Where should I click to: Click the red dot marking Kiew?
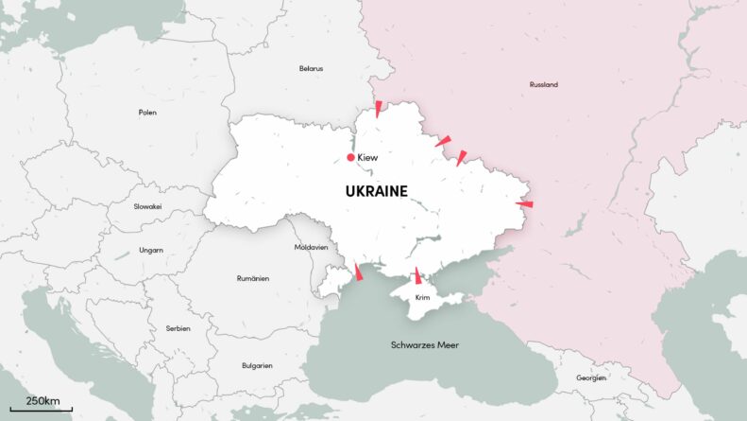(350, 157)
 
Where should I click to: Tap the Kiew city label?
(368, 157)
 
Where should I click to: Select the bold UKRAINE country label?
(376, 191)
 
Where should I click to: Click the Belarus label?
(311, 69)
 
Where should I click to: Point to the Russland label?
(543, 85)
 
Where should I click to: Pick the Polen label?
(147, 113)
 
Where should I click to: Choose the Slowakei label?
(147, 206)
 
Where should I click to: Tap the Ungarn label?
(151, 251)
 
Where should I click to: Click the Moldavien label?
(311, 247)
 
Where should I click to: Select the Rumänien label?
(253, 278)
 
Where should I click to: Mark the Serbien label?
(178, 328)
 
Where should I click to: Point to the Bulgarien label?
(257, 365)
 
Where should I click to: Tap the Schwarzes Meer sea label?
(425, 345)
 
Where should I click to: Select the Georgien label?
(591, 378)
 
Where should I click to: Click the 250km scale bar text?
(42, 401)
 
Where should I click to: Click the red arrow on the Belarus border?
(378, 108)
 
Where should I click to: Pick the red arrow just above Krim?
(417, 275)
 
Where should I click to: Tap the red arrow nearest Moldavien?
(358, 272)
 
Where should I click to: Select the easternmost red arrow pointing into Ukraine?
(524, 203)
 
